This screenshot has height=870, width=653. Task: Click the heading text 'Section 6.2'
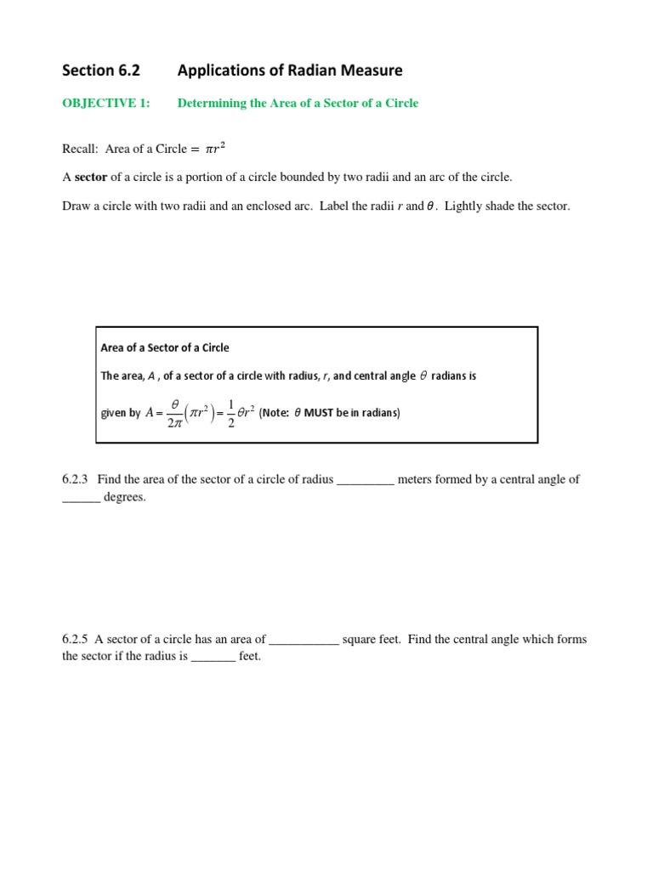[x=100, y=71]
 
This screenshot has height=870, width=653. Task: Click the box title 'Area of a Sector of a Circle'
[x=165, y=347]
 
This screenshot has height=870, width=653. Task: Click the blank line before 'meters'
[x=366, y=481]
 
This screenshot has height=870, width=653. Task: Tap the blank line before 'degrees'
[x=81, y=500]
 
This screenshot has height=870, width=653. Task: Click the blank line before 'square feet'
[x=304, y=641]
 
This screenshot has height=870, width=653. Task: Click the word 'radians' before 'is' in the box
[x=450, y=376]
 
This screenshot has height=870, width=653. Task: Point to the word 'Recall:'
[x=81, y=149]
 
